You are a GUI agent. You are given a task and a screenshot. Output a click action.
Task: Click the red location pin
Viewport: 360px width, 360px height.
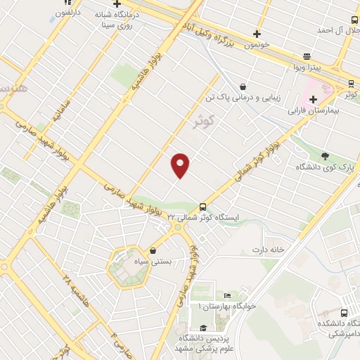(x=181, y=165)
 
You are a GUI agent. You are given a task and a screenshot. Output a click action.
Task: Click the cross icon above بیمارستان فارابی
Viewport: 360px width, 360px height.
(x=313, y=99)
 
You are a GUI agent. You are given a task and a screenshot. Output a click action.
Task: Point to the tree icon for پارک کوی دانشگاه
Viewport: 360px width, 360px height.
(x=324, y=155)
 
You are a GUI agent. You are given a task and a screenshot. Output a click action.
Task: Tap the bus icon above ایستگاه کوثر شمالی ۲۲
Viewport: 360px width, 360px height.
(x=202, y=207)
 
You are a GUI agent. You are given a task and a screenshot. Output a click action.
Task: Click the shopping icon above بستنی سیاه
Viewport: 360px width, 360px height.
(x=153, y=250)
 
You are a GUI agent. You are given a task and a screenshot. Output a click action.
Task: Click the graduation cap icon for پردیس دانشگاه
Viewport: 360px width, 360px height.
(x=203, y=328)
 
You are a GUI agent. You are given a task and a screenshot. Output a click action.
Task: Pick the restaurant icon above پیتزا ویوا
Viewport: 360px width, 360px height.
(x=307, y=56)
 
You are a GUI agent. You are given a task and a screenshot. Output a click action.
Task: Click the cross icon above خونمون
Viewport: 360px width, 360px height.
(x=257, y=34)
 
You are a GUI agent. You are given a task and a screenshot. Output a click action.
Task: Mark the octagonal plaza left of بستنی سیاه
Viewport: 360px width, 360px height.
(x=127, y=268)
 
